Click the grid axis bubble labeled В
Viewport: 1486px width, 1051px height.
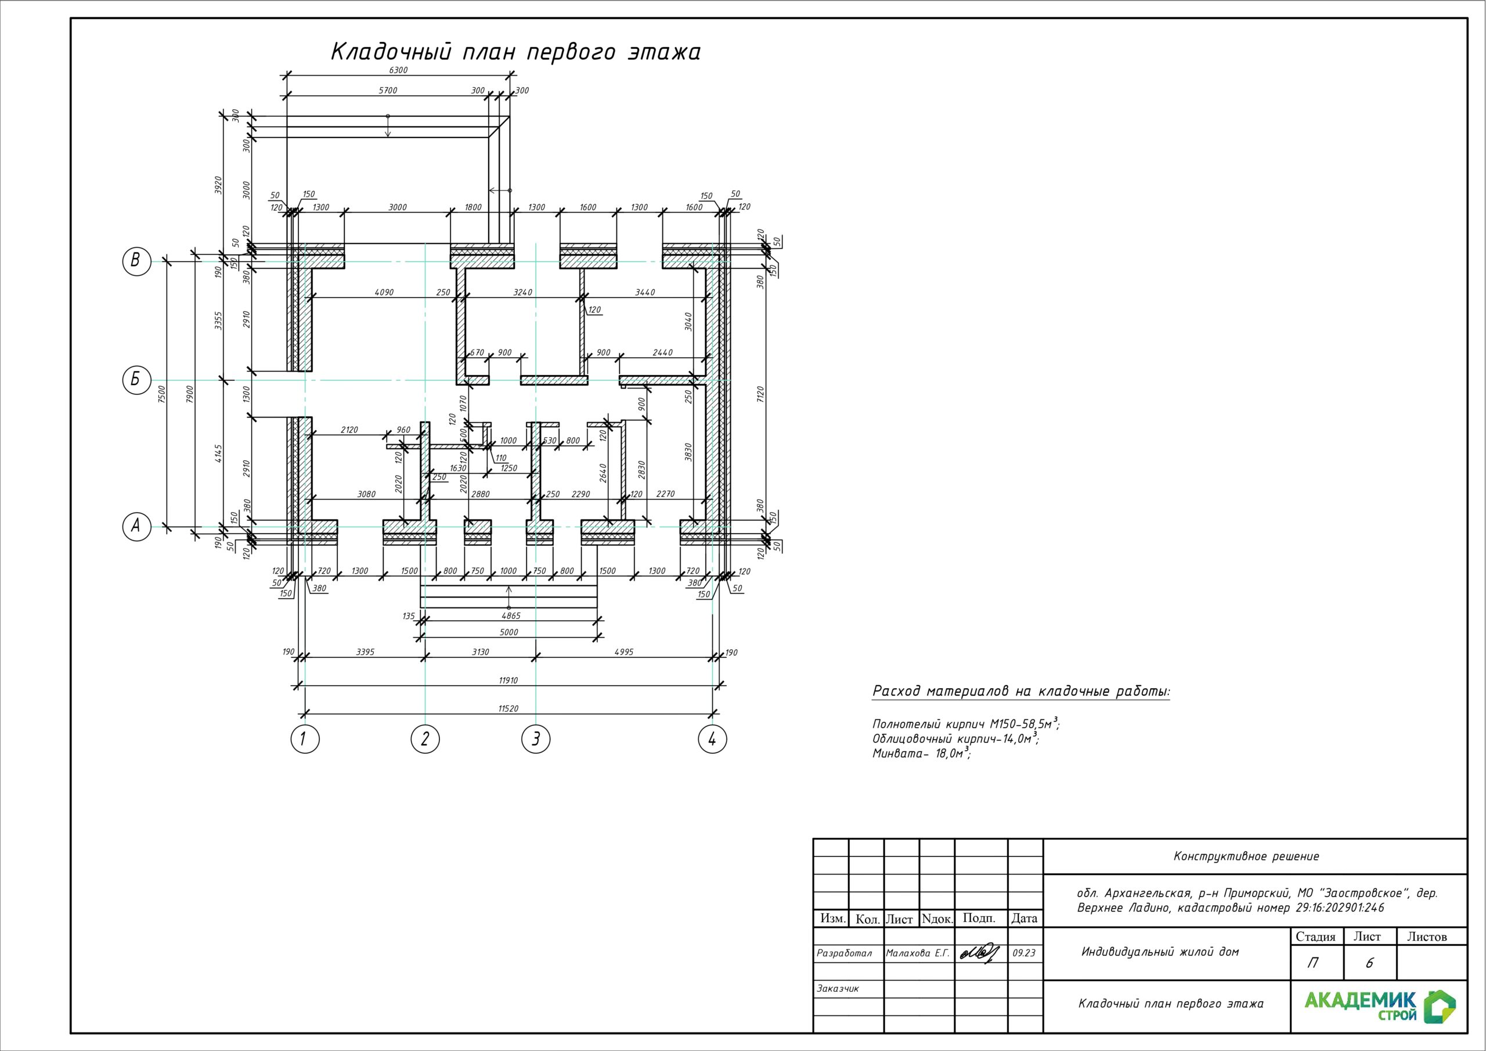[x=136, y=261]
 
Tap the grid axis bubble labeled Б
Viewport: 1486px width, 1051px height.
[x=136, y=380]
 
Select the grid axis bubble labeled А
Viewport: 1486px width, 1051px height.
[x=136, y=527]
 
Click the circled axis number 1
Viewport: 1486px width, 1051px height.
[x=305, y=739]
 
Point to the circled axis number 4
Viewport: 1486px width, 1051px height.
[x=713, y=739]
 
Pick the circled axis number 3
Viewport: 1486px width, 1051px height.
[x=536, y=739]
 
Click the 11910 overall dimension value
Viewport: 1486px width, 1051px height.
[x=508, y=681]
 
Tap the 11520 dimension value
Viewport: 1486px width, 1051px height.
[x=508, y=708]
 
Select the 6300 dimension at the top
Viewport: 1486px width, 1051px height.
[x=398, y=70]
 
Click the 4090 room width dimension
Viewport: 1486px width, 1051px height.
[x=384, y=292]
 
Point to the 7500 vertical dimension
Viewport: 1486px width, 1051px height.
[x=163, y=394]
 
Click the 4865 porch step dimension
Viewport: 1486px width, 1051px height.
[x=510, y=616]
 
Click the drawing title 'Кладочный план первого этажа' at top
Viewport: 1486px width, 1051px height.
[x=516, y=52]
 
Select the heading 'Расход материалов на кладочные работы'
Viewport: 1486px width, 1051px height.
[x=1021, y=691]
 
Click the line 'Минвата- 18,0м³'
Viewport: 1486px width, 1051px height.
[x=922, y=753]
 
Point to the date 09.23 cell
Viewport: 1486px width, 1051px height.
[x=1024, y=953]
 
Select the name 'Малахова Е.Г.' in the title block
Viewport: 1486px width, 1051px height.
[x=917, y=953]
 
